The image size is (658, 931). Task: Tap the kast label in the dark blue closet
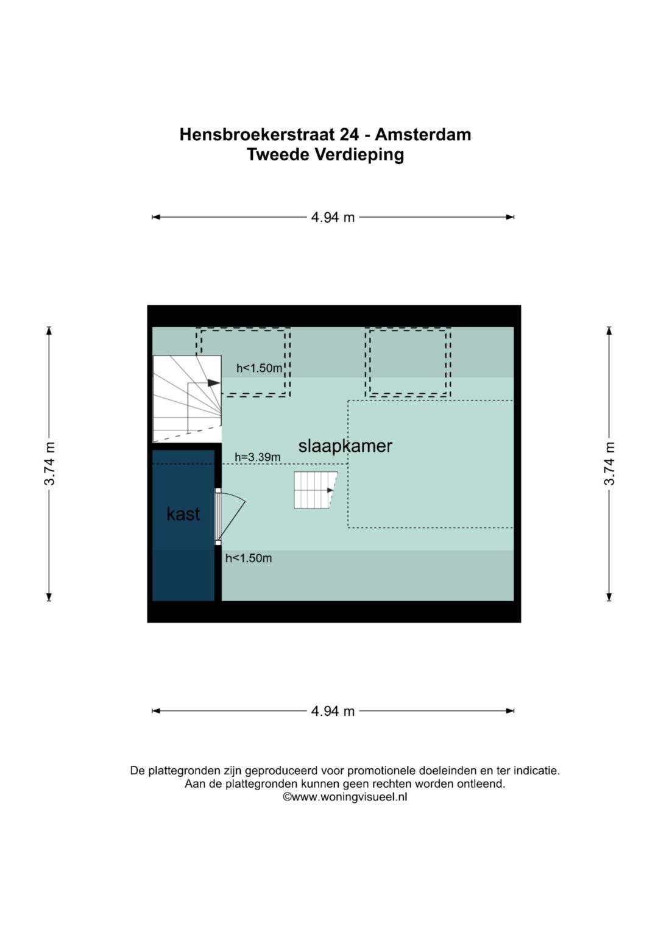click(183, 514)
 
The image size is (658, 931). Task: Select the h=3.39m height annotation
click(258, 457)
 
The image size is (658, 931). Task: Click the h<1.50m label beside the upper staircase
click(259, 368)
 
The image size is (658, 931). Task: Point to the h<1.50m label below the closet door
click(249, 558)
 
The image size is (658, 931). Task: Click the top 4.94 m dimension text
click(333, 218)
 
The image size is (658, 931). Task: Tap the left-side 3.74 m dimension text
click(49, 464)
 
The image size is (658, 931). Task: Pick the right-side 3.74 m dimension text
click(609, 464)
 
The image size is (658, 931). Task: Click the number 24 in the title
click(349, 135)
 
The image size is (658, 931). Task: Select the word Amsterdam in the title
click(423, 135)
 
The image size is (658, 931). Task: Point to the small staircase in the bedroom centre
click(316, 490)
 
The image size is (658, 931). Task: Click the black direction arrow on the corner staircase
click(213, 383)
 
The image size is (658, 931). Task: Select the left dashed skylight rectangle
click(243, 362)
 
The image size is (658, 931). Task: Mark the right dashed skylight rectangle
click(408, 362)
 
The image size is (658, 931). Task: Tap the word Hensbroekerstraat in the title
click(257, 135)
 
